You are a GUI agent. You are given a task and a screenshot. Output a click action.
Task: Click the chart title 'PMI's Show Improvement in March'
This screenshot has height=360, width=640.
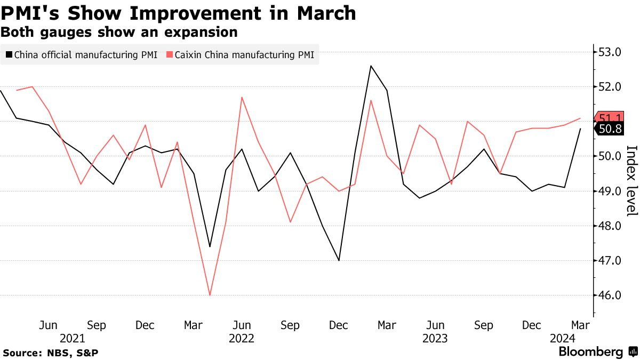(x=179, y=13)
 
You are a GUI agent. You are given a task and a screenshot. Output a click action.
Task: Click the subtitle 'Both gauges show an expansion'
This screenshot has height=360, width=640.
(x=119, y=32)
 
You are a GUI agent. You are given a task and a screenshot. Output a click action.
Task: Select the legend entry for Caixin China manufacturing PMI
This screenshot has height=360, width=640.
(x=241, y=54)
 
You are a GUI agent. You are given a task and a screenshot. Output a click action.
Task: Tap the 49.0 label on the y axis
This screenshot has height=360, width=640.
(x=610, y=191)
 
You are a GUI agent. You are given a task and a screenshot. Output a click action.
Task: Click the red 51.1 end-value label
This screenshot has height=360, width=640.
(x=611, y=118)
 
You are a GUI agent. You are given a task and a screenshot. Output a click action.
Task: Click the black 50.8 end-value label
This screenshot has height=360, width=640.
(x=611, y=129)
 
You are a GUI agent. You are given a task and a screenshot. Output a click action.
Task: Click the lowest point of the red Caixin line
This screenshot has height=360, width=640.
(x=210, y=295)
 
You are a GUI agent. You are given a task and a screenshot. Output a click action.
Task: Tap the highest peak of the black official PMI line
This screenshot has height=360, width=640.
(x=371, y=66)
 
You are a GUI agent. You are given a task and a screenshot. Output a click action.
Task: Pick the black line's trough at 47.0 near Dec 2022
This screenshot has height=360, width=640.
(x=339, y=260)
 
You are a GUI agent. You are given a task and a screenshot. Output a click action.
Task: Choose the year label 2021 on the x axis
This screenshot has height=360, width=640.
(x=72, y=338)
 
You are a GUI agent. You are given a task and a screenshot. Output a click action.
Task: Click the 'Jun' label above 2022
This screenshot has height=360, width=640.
(x=242, y=325)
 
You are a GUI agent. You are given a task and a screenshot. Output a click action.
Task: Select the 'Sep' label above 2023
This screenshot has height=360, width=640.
(x=483, y=325)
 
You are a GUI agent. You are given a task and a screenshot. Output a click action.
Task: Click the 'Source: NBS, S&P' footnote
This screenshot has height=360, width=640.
(x=51, y=353)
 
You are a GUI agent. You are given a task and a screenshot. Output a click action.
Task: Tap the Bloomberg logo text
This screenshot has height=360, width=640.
(x=591, y=352)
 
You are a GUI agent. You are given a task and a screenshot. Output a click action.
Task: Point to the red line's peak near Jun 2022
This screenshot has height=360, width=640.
(x=242, y=97)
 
